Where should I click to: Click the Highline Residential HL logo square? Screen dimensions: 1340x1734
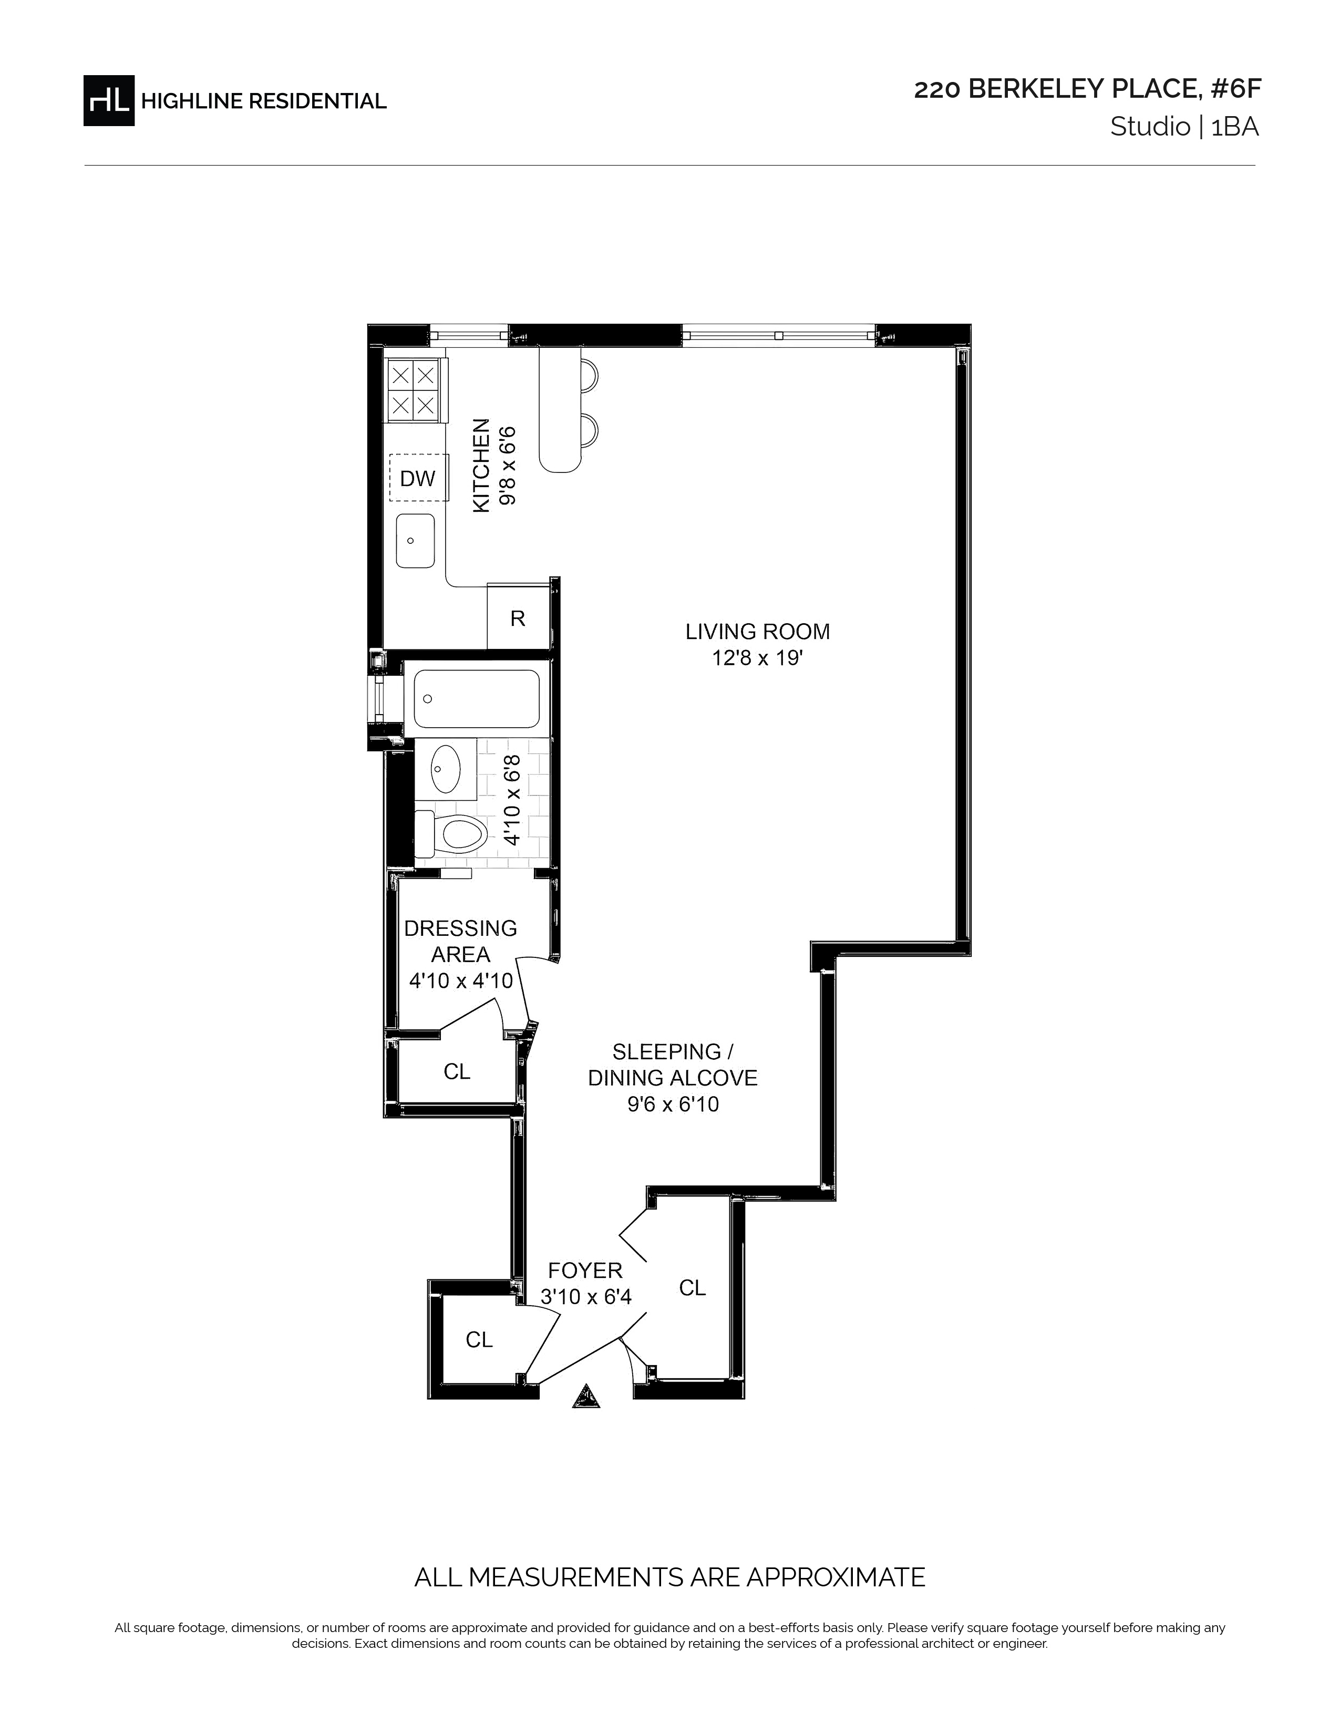[109, 100]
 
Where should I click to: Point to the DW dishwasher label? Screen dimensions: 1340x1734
[418, 478]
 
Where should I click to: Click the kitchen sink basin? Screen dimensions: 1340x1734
[415, 541]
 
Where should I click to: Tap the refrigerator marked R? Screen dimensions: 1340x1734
[518, 618]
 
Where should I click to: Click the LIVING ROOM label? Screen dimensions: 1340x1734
[757, 632]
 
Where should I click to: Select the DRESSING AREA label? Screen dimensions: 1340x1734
[460, 941]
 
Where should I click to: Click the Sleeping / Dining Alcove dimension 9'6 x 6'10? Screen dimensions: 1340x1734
[673, 1105]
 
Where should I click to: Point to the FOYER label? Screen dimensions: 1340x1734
[585, 1271]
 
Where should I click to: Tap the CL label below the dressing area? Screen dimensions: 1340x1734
[457, 1072]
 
